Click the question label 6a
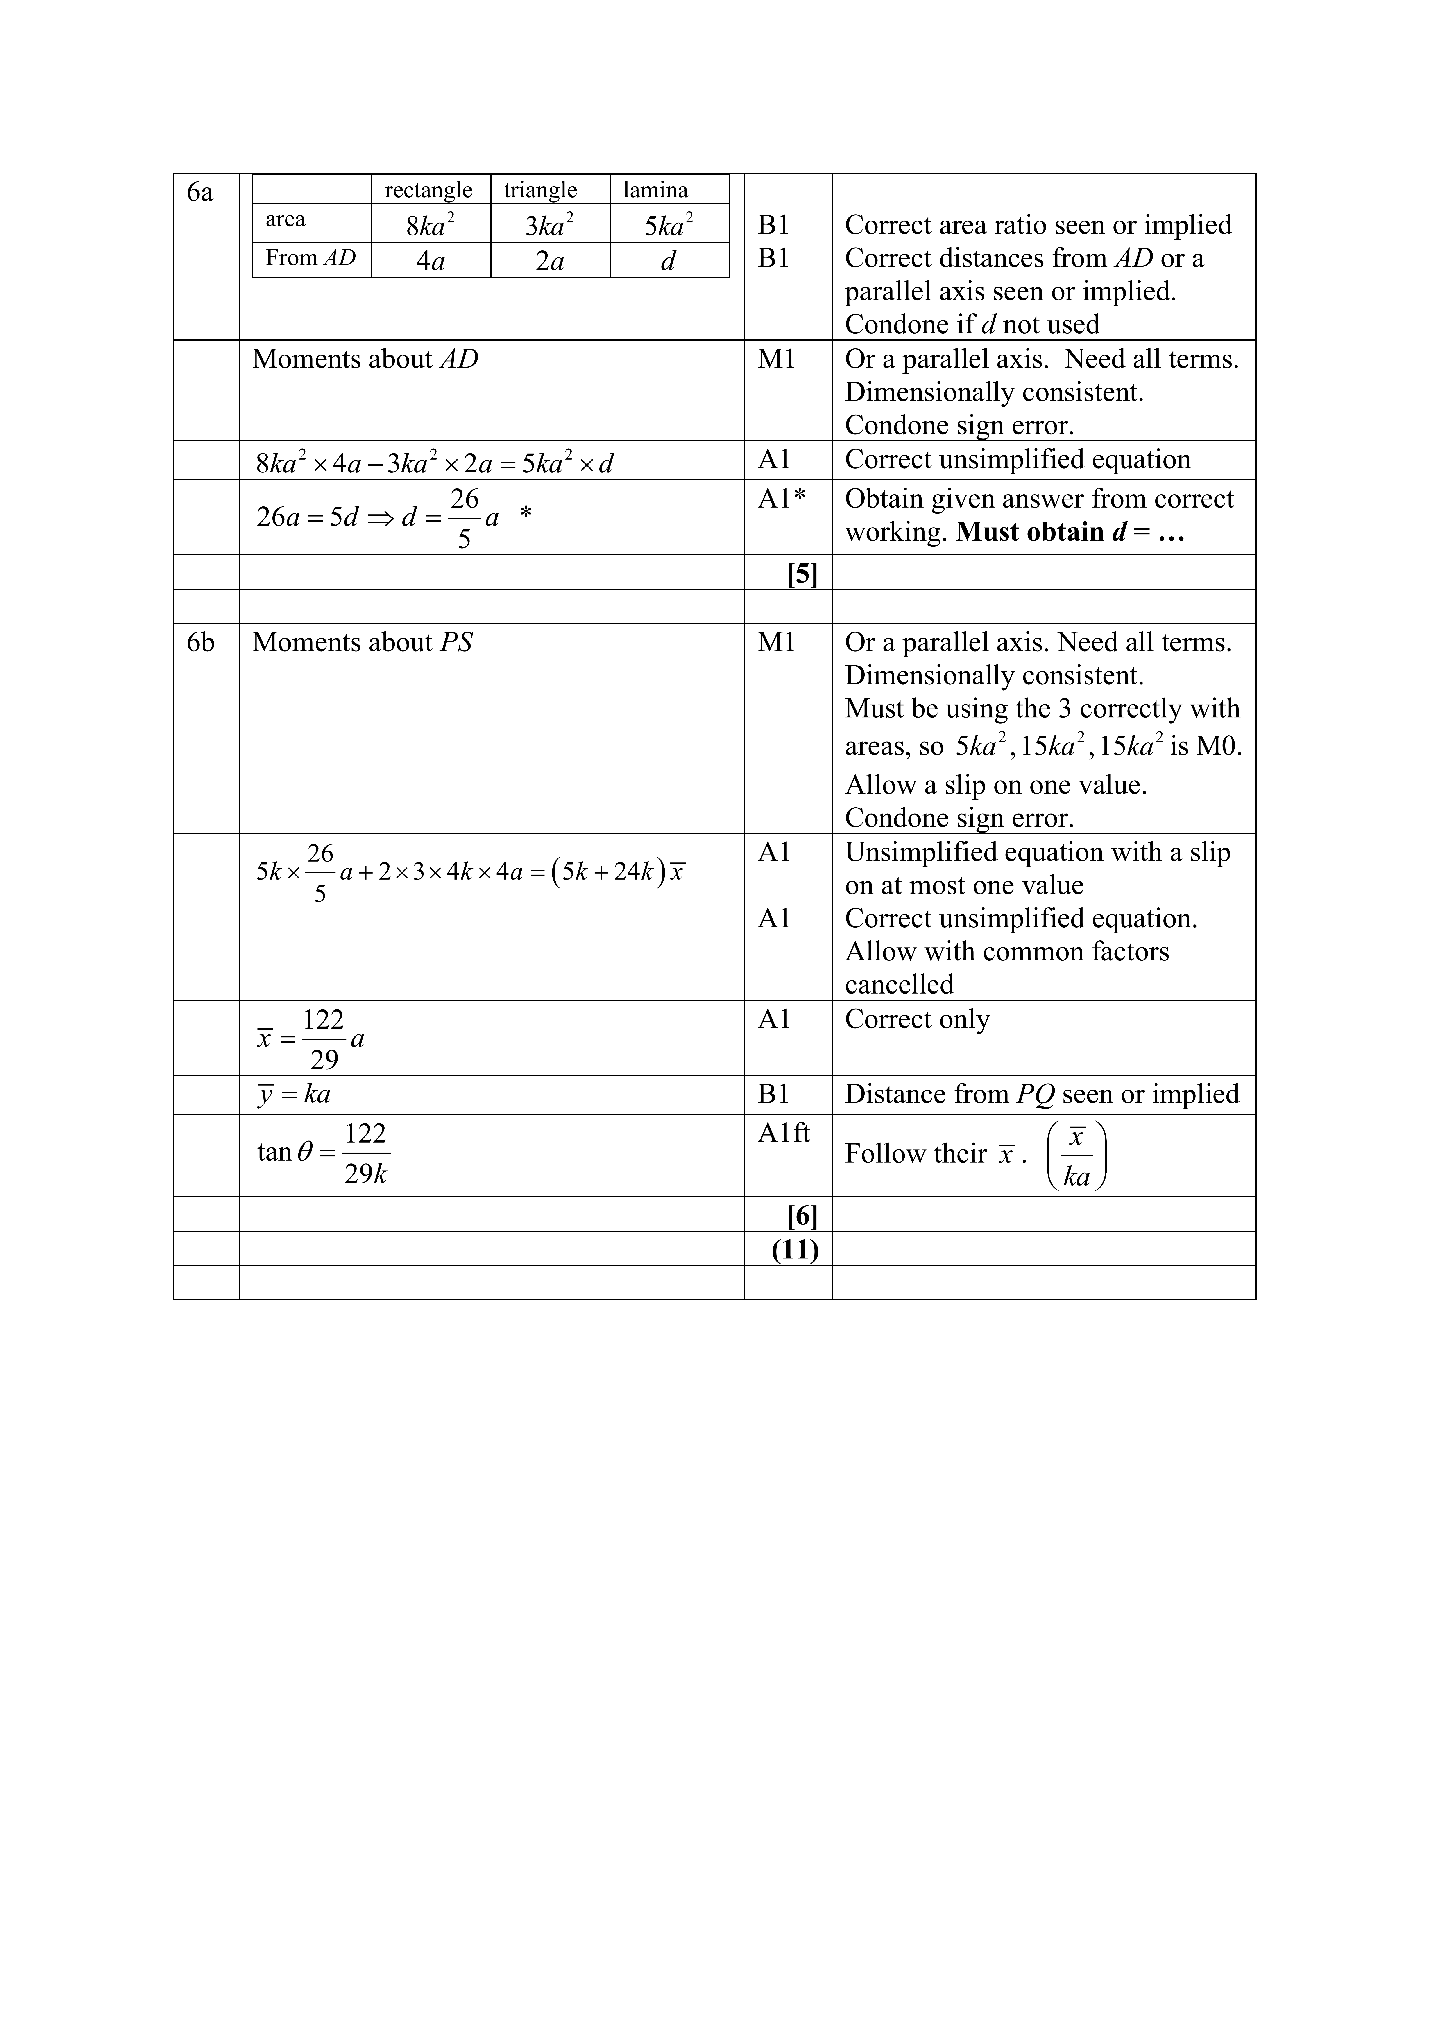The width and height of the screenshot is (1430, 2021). click(x=200, y=192)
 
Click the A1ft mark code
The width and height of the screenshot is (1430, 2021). click(x=783, y=1133)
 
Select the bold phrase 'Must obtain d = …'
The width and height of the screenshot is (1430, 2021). click(x=1070, y=533)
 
